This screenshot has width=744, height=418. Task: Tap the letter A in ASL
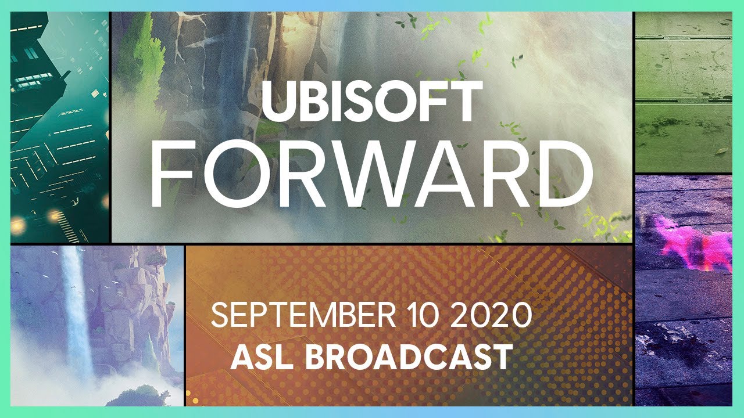pos(241,357)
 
